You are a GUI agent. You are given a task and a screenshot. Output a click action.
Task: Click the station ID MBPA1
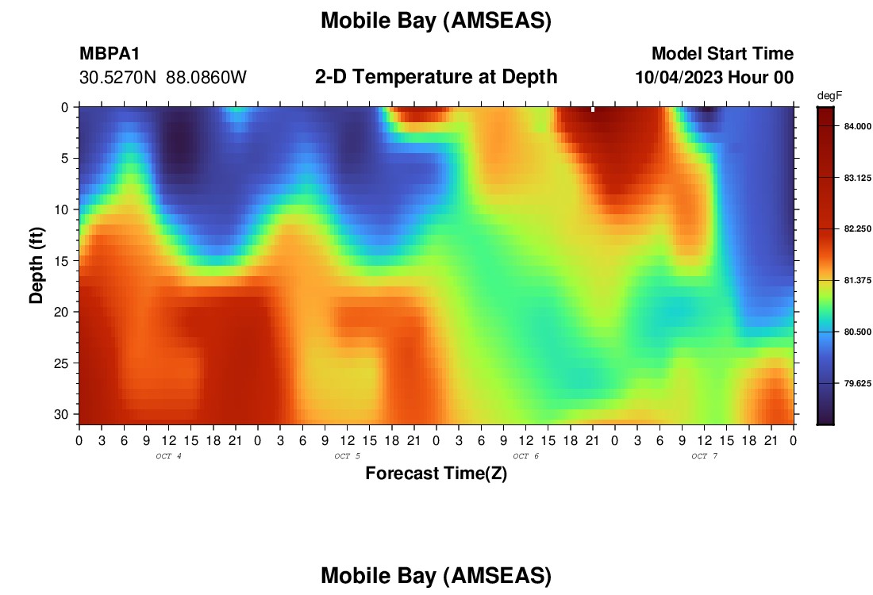click(110, 53)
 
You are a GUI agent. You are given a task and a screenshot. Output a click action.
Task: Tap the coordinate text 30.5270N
click(118, 78)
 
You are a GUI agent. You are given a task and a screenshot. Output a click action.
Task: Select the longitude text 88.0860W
click(206, 78)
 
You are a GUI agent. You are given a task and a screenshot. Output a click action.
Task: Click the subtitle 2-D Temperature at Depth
click(436, 77)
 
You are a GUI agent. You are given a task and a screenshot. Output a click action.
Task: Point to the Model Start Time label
click(723, 53)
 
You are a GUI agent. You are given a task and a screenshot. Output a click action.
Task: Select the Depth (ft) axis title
click(36, 265)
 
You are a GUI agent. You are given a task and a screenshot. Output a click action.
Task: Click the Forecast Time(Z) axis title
click(436, 473)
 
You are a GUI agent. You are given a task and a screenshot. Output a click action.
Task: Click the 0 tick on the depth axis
click(64, 107)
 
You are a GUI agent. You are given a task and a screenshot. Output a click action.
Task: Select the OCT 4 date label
click(168, 456)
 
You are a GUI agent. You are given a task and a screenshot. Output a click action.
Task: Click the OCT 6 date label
click(525, 456)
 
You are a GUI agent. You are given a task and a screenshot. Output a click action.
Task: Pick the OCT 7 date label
click(704, 456)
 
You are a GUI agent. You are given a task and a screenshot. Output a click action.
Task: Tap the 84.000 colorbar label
click(857, 126)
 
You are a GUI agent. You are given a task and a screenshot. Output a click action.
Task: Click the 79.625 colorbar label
click(857, 383)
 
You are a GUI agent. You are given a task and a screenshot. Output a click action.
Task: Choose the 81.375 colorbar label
click(857, 281)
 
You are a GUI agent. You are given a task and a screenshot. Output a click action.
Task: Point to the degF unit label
click(829, 96)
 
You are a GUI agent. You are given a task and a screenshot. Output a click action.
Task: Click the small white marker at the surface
click(592, 109)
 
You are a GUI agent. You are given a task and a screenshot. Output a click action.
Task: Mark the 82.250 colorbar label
click(857, 228)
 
